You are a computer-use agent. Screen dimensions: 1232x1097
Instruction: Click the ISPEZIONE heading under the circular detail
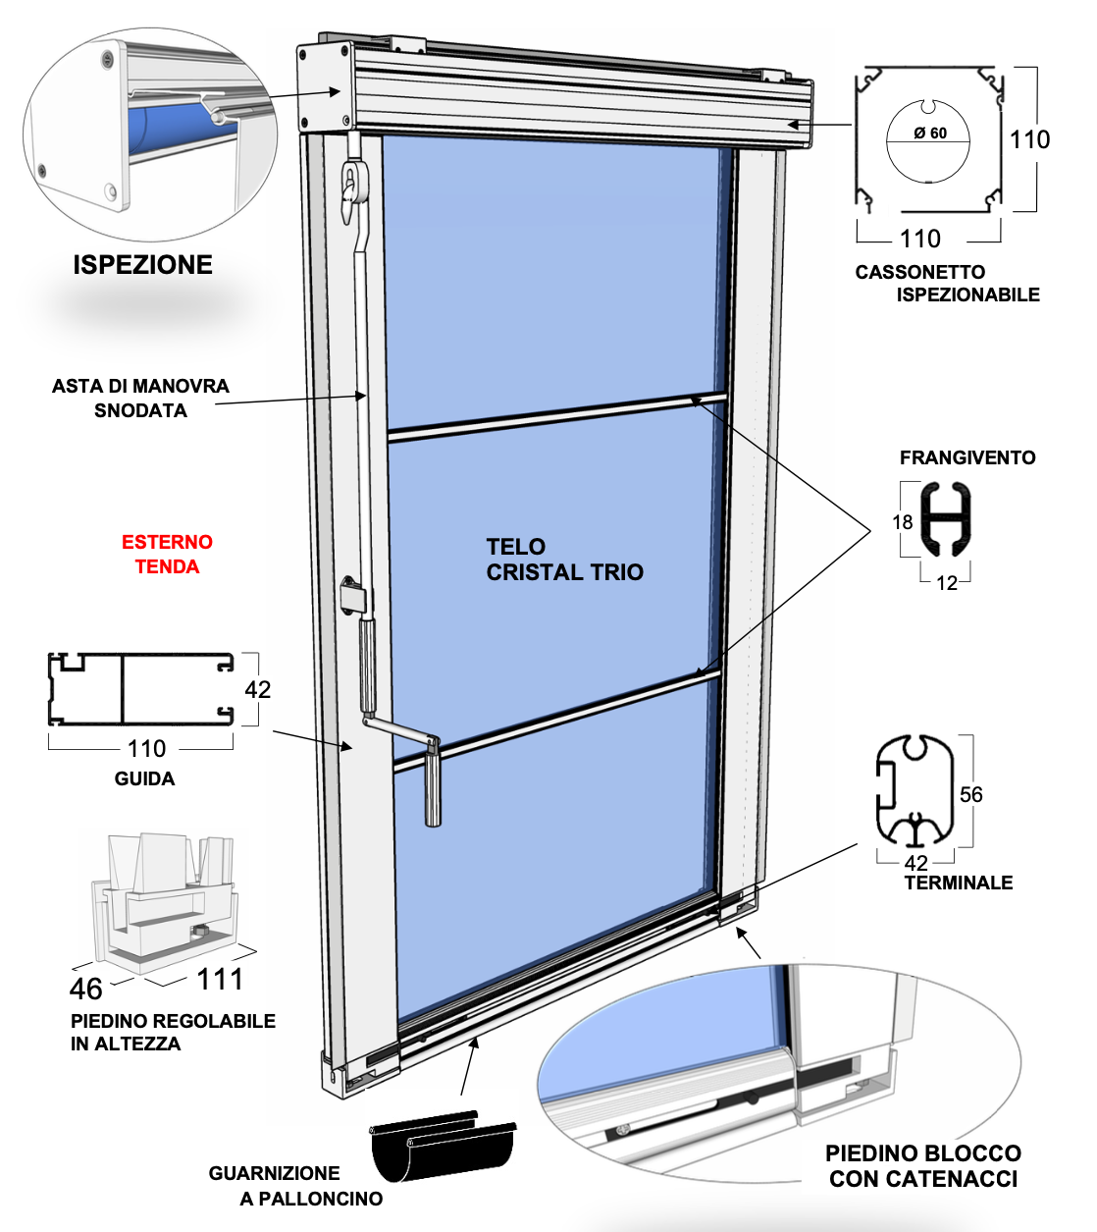[x=142, y=265]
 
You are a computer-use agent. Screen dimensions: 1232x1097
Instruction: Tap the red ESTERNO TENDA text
[x=167, y=554]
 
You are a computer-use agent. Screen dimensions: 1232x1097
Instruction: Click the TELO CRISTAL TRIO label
[x=564, y=560]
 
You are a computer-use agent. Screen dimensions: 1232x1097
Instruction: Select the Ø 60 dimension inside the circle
[x=930, y=134]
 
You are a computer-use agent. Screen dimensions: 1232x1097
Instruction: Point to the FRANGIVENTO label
[x=966, y=457]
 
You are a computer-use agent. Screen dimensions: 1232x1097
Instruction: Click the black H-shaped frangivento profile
[x=947, y=515]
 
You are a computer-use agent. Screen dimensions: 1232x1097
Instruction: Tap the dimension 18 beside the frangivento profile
[x=903, y=522]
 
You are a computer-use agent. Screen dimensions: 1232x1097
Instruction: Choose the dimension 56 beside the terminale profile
[x=970, y=794]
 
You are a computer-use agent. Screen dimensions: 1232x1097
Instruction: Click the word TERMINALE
[x=958, y=883]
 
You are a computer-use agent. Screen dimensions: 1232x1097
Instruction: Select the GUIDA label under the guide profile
[x=144, y=778]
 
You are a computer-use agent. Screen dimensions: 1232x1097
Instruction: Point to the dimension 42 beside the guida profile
[x=258, y=689]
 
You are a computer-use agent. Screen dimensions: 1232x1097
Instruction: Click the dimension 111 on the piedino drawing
[x=220, y=979]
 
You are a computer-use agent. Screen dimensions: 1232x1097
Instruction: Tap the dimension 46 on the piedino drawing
[x=86, y=989]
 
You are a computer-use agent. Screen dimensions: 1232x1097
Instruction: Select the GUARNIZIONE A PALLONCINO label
[x=294, y=1186]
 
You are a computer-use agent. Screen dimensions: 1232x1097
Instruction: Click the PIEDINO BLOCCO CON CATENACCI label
[x=922, y=1166]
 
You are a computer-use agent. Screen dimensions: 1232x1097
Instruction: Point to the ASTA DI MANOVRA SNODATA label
[x=140, y=398]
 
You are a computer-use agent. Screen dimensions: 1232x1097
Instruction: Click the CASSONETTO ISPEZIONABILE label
[x=946, y=283]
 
